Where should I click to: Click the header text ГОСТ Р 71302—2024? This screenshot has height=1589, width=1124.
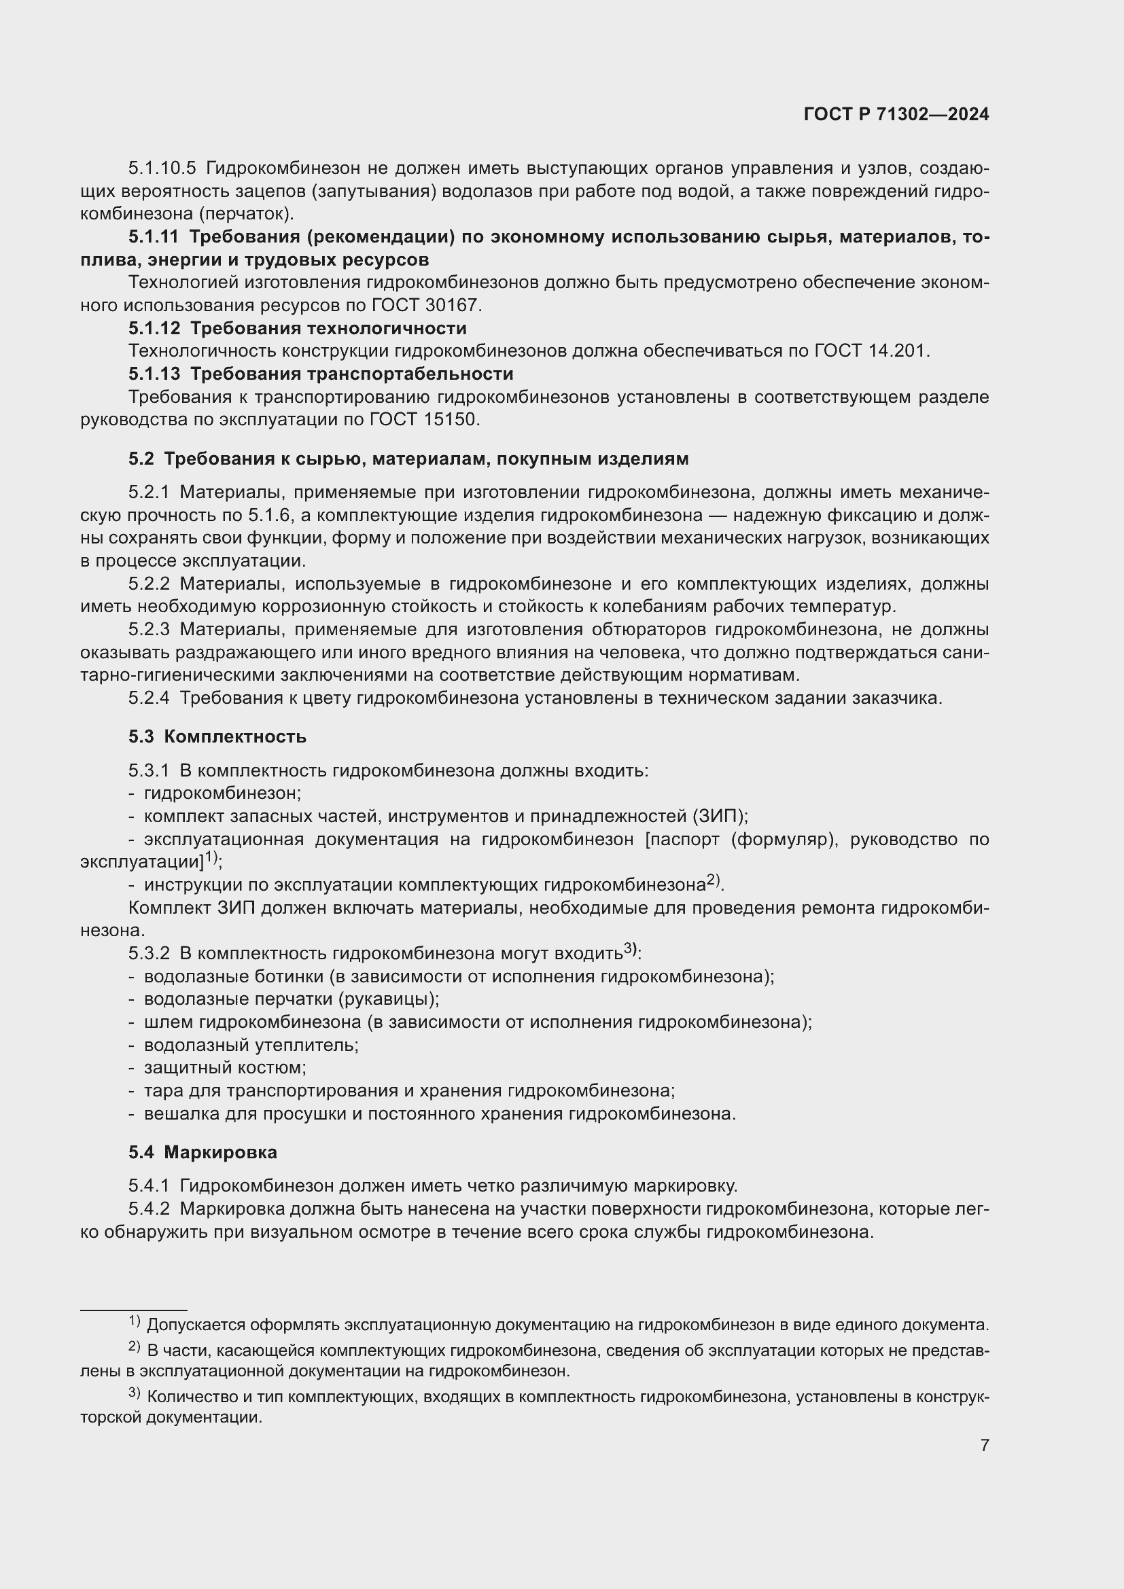pyautogui.click(x=896, y=115)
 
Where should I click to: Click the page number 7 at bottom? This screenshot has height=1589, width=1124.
pyautogui.click(x=984, y=1446)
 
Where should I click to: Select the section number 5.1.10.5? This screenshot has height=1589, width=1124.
pyautogui.click(x=162, y=168)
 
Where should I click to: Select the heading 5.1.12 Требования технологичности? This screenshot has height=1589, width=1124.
pyautogui.click(x=297, y=328)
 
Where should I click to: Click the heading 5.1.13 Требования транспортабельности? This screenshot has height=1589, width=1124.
pyautogui.click(x=321, y=374)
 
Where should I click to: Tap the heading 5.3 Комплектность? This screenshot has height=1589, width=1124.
pyautogui.click(x=217, y=736)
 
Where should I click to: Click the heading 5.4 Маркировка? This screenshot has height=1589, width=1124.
pyautogui.click(x=202, y=1152)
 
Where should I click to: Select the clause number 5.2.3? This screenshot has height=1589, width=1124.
pyautogui.click(x=148, y=629)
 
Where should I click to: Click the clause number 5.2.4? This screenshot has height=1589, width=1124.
pyautogui.click(x=148, y=698)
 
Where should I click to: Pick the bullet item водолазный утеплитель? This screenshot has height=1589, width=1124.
pyautogui.click(x=250, y=1045)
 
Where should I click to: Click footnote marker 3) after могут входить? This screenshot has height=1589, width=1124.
pyautogui.click(x=630, y=950)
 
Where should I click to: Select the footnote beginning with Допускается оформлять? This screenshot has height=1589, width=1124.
pyautogui.click(x=567, y=1325)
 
